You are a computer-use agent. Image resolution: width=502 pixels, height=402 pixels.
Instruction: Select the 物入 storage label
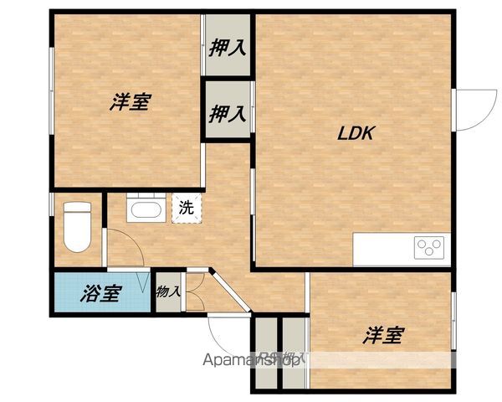pos(168,292)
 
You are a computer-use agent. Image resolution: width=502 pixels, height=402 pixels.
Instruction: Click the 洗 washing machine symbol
pos(186,209)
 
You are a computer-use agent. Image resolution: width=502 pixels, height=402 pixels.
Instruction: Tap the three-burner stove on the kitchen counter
pos(430,246)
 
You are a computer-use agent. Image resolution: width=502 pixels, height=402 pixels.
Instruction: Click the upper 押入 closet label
pos(228,47)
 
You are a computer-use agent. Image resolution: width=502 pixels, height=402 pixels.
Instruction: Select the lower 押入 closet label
pos(228,111)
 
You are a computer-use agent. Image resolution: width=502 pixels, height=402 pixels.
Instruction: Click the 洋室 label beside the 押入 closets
pos(129,103)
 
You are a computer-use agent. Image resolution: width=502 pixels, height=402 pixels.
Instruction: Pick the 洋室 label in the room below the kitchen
pos(383,336)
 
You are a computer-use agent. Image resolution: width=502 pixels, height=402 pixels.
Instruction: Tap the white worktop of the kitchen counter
pos(385,246)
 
